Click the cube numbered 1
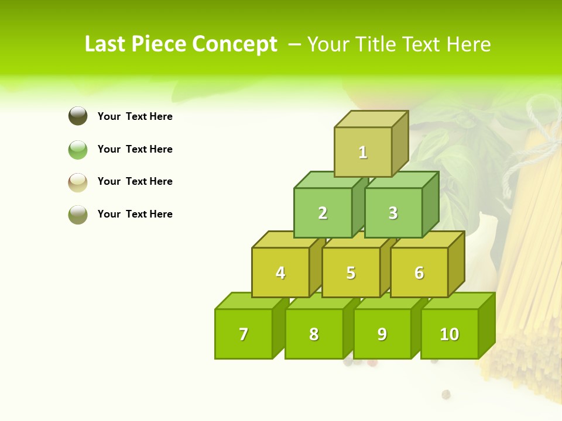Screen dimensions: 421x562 pos(363,152)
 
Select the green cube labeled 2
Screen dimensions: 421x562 pos(323,213)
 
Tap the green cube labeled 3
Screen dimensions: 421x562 pos(393,213)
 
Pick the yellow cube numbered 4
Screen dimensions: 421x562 pos(280,272)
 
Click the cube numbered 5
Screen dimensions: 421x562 pos(351,272)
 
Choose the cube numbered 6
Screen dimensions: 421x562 pos(419,272)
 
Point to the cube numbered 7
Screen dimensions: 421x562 pos(244,334)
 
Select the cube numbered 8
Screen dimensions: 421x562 pos(314,334)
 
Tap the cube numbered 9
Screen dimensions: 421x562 pos(382,334)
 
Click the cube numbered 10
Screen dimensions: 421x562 pos(449,334)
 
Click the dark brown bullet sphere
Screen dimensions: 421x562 pos(78,116)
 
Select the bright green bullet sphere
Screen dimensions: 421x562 pos(78,150)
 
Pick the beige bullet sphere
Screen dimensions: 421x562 pos(78,182)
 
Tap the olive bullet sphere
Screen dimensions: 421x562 pos(78,215)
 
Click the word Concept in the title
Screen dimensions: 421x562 pos(235,44)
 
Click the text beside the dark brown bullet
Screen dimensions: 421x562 pos(135,116)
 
